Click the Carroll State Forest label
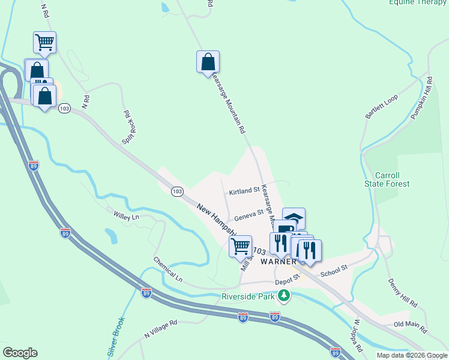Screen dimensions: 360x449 (x=387, y=179)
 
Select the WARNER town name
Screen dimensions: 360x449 (x=278, y=262)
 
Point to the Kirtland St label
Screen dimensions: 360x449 (x=244, y=193)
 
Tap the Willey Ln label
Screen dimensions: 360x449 (x=126, y=213)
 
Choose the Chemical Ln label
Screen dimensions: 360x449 (x=167, y=269)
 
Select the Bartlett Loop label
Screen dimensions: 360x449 (x=382, y=107)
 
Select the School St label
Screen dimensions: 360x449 (x=334, y=271)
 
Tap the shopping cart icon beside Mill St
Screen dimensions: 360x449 (x=241, y=246)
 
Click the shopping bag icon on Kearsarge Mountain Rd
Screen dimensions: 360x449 (x=208, y=62)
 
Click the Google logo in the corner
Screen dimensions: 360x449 (x=20, y=353)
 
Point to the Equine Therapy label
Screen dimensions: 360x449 (x=418, y=2)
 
